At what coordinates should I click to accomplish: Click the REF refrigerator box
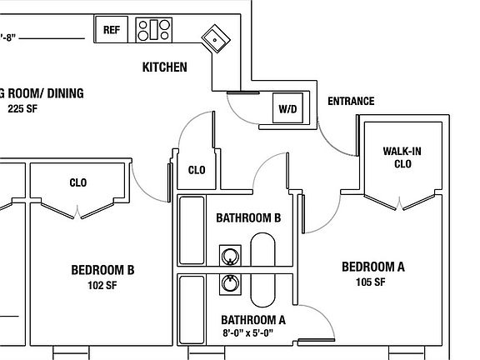(111, 29)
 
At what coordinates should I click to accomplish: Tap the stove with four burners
(154, 30)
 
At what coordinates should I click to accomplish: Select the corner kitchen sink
(217, 37)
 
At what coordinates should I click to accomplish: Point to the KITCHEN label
(165, 67)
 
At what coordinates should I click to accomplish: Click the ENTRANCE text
(351, 102)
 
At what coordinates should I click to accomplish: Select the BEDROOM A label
(373, 267)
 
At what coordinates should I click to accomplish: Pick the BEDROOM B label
(103, 270)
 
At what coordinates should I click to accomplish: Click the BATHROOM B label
(247, 218)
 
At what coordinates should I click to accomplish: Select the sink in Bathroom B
(229, 255)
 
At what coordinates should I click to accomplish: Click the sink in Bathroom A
(229, 285)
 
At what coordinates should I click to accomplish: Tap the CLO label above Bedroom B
(78, 182)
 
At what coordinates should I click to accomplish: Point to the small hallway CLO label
(197, 170)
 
